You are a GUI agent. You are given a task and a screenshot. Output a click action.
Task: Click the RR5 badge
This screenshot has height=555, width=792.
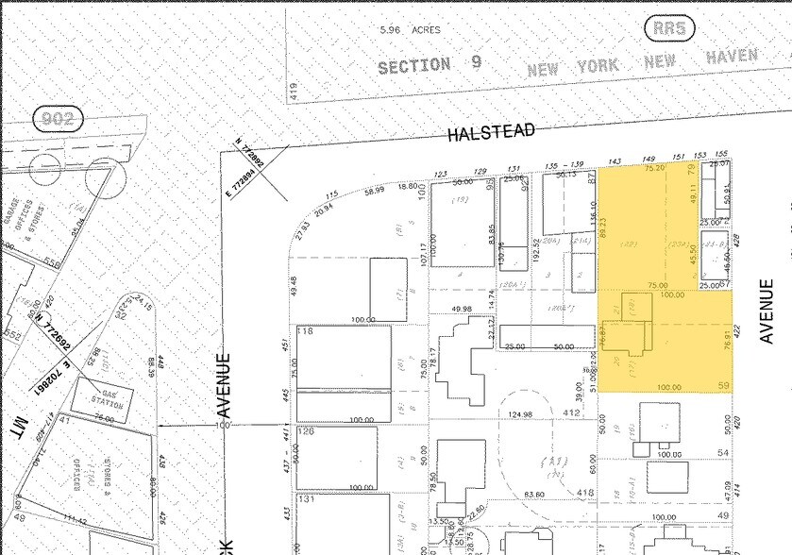pyautogui.click(x=672, y=28)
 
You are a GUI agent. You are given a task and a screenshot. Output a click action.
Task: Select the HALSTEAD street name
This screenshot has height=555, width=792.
pyautogui.click(x=491, y=133)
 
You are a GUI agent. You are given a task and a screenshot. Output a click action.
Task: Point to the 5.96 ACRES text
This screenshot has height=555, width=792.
pyautogui.click(x=410, y=29)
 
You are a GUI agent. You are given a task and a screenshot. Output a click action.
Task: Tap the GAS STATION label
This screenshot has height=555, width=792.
pyautogui.click(x=106, y=396)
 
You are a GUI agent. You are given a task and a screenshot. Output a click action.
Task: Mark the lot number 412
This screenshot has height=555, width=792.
pyautogui.click(x=570, y=413)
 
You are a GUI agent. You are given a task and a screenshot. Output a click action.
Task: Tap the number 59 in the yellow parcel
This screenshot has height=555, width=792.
pyautogui.click(x=724, y=386)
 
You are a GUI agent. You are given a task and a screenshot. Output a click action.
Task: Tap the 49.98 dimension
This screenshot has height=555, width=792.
pyautogui.click(x=462, y=309)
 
